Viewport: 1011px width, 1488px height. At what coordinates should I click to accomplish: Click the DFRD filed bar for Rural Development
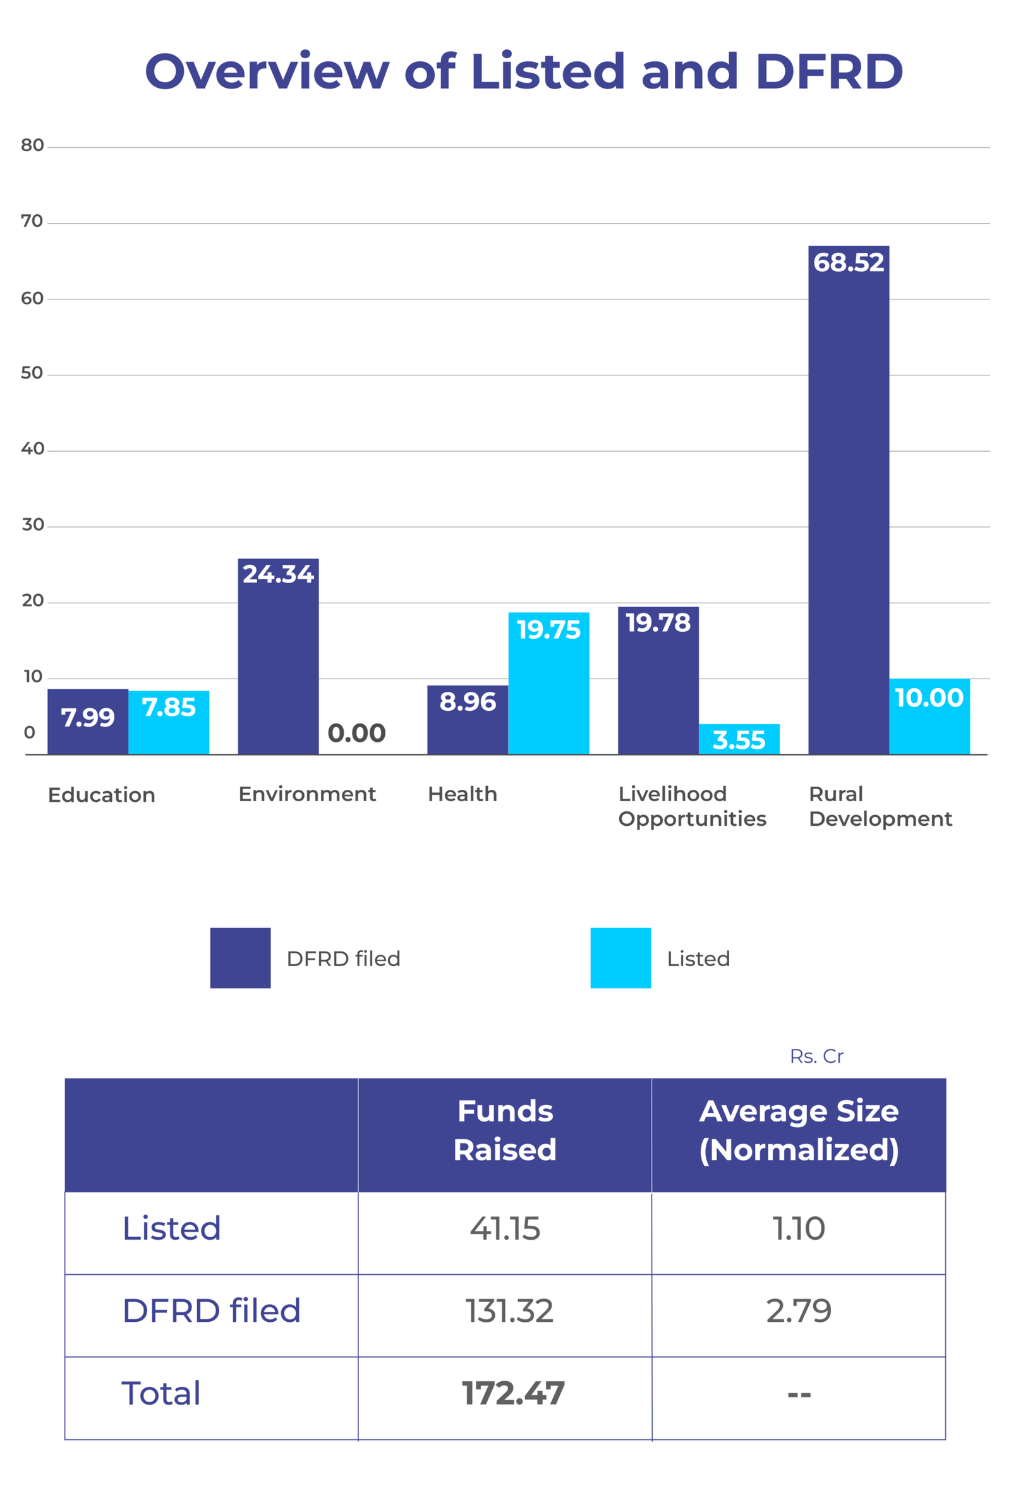[849, 499]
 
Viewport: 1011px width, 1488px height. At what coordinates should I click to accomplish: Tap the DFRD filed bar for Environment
[278, 656]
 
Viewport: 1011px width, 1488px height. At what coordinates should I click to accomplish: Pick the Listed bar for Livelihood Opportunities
[739, 739]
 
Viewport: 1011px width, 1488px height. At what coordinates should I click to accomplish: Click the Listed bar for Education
[168, 722]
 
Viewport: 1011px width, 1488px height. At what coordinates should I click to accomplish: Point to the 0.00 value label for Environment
[356, 733]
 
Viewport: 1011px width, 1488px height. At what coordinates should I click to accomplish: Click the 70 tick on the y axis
[32, 222]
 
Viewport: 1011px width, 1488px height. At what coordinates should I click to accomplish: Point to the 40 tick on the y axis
[32, 449]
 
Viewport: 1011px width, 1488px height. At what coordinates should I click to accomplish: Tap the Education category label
[102, 795]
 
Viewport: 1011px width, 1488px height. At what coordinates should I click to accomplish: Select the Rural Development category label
[880, 806]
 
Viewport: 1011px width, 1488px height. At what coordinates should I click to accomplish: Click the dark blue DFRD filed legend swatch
[240, 958]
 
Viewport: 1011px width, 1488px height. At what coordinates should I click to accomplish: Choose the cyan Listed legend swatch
[621, 958]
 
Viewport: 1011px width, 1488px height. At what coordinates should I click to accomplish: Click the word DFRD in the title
[829, 71]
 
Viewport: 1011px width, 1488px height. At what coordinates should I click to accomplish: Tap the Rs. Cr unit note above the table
[816, 1056]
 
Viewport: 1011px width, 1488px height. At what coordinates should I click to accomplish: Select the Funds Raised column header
[504, 1130]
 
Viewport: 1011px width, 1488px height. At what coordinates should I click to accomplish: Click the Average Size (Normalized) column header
[799, 1130]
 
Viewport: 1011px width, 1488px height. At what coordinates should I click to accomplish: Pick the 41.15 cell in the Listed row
[504, 1229]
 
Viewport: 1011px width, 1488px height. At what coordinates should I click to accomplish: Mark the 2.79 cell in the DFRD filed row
[799, 1310]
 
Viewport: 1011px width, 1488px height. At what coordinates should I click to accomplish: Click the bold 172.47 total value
[513, 1393]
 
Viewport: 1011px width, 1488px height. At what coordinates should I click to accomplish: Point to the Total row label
[161, 1393]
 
